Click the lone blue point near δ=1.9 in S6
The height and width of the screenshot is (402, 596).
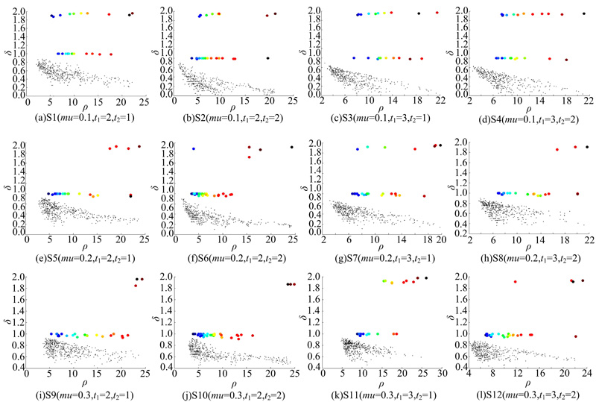[x=194, y=149]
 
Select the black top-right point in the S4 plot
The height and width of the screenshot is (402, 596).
[x=584, y=13]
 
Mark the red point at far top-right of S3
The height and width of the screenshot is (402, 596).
[x=437, y=13]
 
